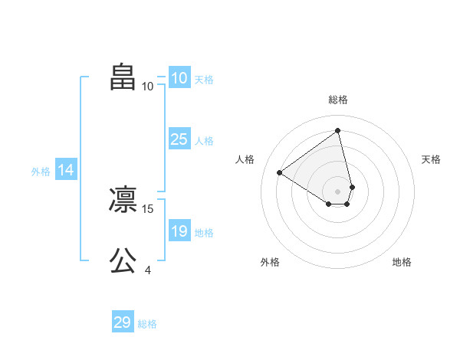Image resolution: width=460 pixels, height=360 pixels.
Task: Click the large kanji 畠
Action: [123, 77]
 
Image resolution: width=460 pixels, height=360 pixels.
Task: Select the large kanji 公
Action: [123, 261]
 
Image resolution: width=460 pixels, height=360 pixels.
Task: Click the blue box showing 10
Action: [179, 78]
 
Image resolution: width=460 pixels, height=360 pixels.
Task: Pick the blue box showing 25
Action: [179, 139]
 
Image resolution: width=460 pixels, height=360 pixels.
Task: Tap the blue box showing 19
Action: [179, 231]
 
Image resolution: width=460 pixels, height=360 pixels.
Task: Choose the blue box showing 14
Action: [66, 171]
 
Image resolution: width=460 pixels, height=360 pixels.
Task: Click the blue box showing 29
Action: [123, 322]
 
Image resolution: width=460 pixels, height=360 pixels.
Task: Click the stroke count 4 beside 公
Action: [148, 270]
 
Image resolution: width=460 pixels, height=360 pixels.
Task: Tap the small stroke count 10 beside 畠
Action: [147, 86]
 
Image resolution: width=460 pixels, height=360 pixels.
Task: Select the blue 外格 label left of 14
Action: [41, 172]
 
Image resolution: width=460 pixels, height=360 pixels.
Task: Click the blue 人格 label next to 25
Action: [204, 141]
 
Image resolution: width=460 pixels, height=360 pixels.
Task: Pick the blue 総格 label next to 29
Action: [147, 324]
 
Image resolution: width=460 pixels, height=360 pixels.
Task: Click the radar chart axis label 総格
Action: [338, 100]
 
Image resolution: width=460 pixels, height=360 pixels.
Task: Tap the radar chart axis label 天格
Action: [431, 159]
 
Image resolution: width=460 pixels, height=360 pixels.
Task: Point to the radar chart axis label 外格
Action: [270, 262]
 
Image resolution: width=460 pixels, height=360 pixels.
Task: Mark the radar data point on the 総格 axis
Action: [338, 130]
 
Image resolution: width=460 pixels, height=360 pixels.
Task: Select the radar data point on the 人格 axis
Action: [280, 172]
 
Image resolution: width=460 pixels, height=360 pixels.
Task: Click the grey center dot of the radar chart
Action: [338, 191]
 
